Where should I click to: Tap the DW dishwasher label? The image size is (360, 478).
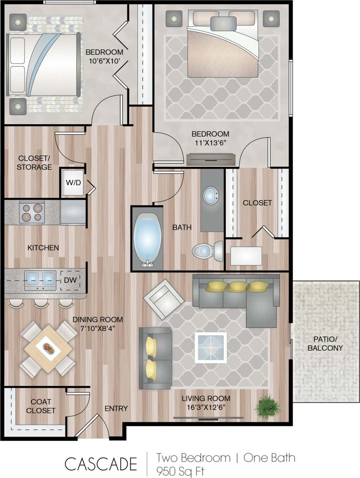pyautogui.click(x=70, y=280)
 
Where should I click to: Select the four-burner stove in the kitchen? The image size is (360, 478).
pyautogui.click(x=32, y=212)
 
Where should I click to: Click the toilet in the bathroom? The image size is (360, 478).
pyautogui.click(x=207, y=250)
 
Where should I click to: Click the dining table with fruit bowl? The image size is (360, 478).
pyautogui.click(x=48, y=349)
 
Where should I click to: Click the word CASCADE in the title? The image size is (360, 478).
pyautogui.click(x=101, y=464)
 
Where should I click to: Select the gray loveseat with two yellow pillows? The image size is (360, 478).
pyautogui.click(x=155, y=358)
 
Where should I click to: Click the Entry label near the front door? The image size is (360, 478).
pyautogui.click(x=116, y=409)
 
